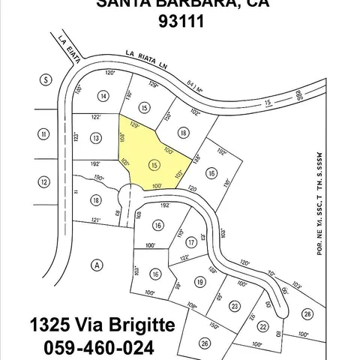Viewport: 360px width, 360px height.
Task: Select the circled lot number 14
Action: tap(103, 95)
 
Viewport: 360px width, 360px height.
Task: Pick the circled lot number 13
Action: tap(95, 138)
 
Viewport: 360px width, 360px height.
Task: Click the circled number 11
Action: tap(44, 134)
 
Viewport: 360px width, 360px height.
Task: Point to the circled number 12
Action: tap(44, 182)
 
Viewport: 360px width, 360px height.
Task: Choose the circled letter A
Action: tap(96, 264)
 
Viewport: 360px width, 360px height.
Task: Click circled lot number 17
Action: tap(192, 241)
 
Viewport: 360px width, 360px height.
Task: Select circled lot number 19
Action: tap(199, 281)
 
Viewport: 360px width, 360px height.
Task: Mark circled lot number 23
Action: tap(234, 305)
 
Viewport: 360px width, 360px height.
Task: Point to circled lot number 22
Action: tap(262, 327)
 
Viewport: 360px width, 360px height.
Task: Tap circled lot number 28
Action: tap(307, 313)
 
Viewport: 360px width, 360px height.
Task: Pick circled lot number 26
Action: tap(205, 344)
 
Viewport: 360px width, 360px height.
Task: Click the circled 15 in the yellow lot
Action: tap(154, 164)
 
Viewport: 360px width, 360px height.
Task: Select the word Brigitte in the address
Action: tap(134, 326)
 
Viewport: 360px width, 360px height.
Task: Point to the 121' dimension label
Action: tap(95, 220)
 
